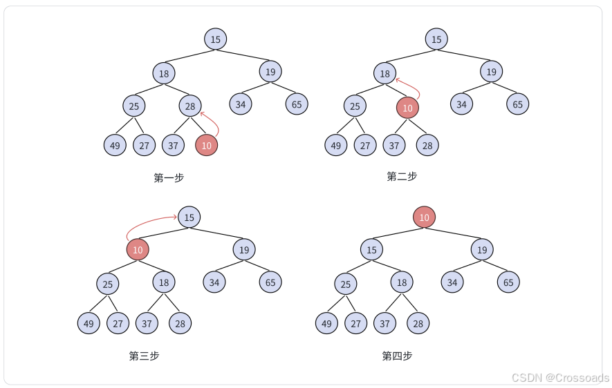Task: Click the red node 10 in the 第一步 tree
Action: tap(206, 145)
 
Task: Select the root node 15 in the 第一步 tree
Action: tap(216, 39)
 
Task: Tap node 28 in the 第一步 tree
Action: tap(190, 106)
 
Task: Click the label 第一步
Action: tap(169, 177)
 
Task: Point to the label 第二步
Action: tap(402, 176)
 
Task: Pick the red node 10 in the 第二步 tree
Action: tap(407, 108)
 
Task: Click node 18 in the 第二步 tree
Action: tap(385, 73)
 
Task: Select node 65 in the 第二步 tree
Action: tap(517, 104)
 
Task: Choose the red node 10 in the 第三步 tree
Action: tap(138, 249)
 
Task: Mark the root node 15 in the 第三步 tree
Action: tap(189, 217)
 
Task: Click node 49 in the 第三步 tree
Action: tap(89, 322)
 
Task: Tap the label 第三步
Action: tap(144, 356)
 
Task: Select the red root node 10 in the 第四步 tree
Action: tap(424, 217)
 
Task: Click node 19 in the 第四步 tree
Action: tap(482, 249)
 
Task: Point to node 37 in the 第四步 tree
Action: tap(384, 322)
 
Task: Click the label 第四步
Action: tap(397, 356)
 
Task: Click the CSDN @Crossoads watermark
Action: tap(559, 377)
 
